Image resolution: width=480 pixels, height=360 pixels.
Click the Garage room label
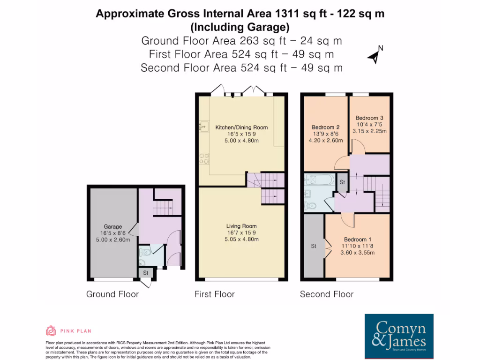click(113, 226)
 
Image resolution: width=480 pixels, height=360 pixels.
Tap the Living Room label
click(241, 226)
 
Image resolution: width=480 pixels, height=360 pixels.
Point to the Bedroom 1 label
click(358, 239)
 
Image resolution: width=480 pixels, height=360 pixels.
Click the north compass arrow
click(375, 56)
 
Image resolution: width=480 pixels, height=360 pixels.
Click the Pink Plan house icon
click(51, 331)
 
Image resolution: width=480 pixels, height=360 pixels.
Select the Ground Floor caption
click(112, 294)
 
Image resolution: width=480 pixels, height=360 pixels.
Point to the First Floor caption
click(215, 294)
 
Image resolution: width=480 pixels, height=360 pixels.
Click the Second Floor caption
click(327, 294)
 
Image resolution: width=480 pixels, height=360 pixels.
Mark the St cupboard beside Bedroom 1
click(314, 246)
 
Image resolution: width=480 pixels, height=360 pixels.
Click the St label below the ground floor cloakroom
click(145, 272)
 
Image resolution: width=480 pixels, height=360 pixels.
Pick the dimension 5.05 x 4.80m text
click(241, 239)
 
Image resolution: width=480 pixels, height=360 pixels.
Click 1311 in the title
click(290, 14)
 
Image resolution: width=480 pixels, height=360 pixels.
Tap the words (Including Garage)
click(240, 26)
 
